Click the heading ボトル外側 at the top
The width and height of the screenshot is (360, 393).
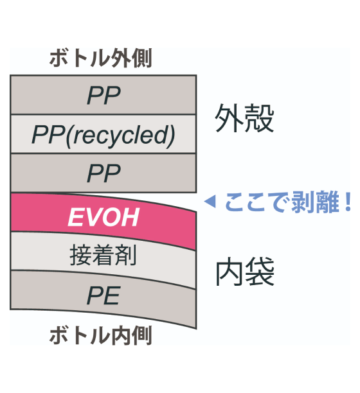[x=101, y=58]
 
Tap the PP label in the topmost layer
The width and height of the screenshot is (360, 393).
[x=104, y=95]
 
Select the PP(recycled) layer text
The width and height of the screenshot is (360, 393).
[x=104, y=135]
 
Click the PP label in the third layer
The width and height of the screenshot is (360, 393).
[x=104, y=173]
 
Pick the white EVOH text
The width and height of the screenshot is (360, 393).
[x=104, y=217]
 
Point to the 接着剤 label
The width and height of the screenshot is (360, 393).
[x=103, y=255]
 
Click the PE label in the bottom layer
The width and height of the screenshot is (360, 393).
[x=103, y=296]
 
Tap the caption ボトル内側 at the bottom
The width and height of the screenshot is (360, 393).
[x=101, y=335]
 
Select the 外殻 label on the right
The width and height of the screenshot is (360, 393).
[x=244, y=118]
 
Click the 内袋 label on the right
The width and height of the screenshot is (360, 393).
[x=245, y=272]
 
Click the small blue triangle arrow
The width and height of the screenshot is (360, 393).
[x=210, y=202]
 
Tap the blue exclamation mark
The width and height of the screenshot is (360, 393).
[x=348, y=202]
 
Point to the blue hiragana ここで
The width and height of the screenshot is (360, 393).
[x=256, y=202]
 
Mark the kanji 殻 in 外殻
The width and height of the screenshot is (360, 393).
[x=260, y=118]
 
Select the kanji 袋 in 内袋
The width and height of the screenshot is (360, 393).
[x=260, y=272]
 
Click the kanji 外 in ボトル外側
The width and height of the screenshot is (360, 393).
[x=122, y=58]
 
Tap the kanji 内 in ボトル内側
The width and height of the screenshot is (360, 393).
[x=122, y=335]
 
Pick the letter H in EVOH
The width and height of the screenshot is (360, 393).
[x=130, y=217]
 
